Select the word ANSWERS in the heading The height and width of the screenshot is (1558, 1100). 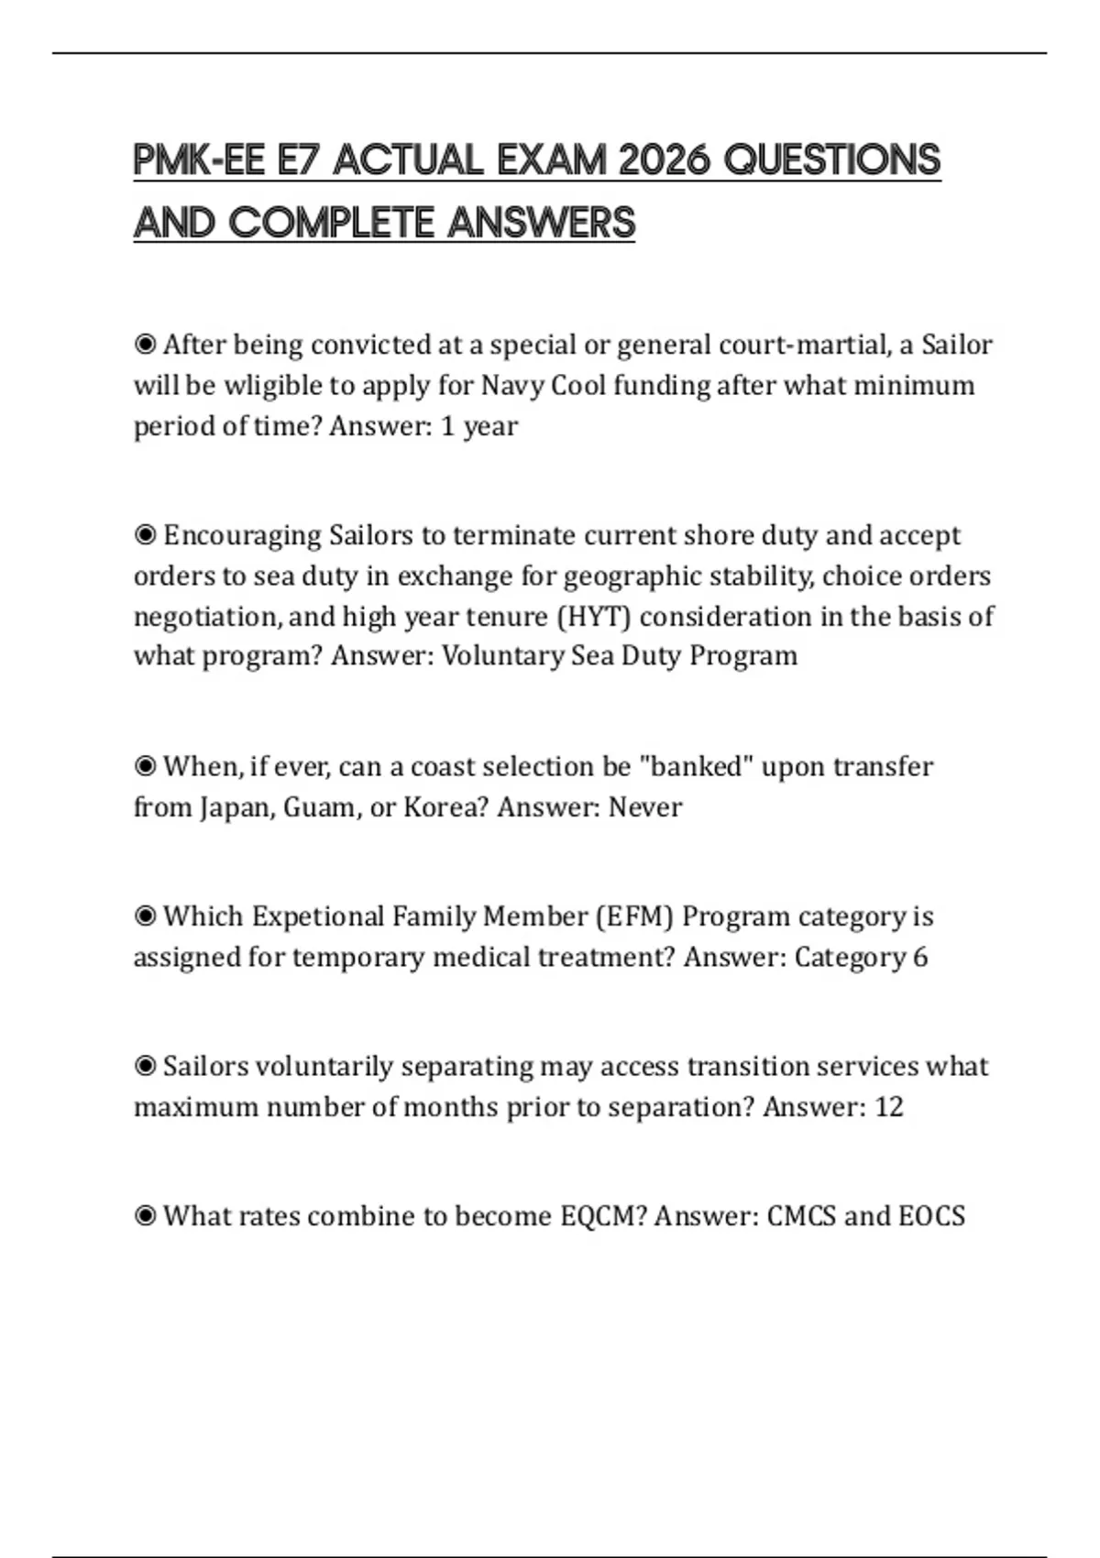point(541,223)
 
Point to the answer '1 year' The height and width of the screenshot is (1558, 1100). point(478,426)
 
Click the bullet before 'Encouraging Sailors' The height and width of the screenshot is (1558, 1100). point(145,534)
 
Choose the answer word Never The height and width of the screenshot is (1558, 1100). point(645,807)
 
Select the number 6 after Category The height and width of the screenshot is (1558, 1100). point(919,957)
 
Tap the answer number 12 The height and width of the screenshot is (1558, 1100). point(888,1107)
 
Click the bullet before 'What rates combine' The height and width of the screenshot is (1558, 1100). point(145,1216)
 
